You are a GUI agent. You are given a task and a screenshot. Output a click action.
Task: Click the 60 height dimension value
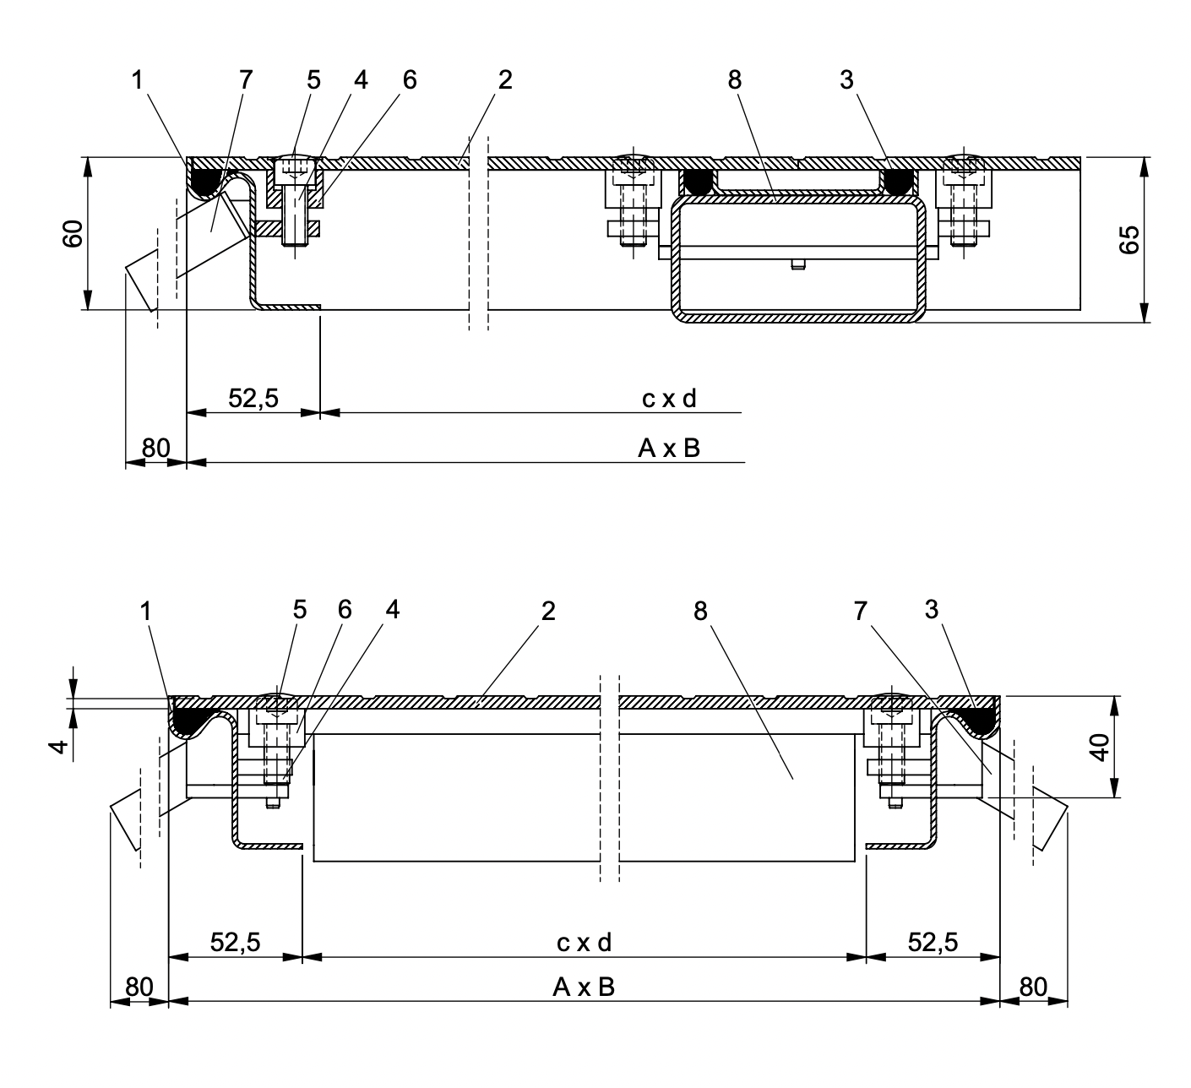click(74, 233)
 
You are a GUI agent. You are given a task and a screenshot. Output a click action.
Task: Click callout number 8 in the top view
click(733, 80)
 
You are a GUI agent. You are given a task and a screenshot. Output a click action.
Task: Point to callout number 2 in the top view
click(504, 80)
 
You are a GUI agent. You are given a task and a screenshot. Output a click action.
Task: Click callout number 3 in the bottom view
click(932, 610)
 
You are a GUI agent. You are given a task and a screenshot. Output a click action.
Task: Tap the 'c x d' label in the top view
click(669, 399)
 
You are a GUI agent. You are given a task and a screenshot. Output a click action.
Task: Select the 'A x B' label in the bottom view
click(584, 987)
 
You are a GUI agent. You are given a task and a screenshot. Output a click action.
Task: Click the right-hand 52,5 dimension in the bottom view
click(933, 943)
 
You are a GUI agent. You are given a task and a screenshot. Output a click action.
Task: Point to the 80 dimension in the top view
click(155, 448)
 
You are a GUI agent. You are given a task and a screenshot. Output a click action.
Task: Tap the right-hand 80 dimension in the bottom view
click(1033, 987)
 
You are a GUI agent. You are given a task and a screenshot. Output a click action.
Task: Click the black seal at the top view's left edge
click(204, 179)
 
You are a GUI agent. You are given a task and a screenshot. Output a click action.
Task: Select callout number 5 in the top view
click(314, 80)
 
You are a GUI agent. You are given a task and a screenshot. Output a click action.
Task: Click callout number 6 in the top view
click(410, 80)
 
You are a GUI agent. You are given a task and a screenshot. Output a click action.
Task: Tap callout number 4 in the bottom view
click(391, 611)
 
